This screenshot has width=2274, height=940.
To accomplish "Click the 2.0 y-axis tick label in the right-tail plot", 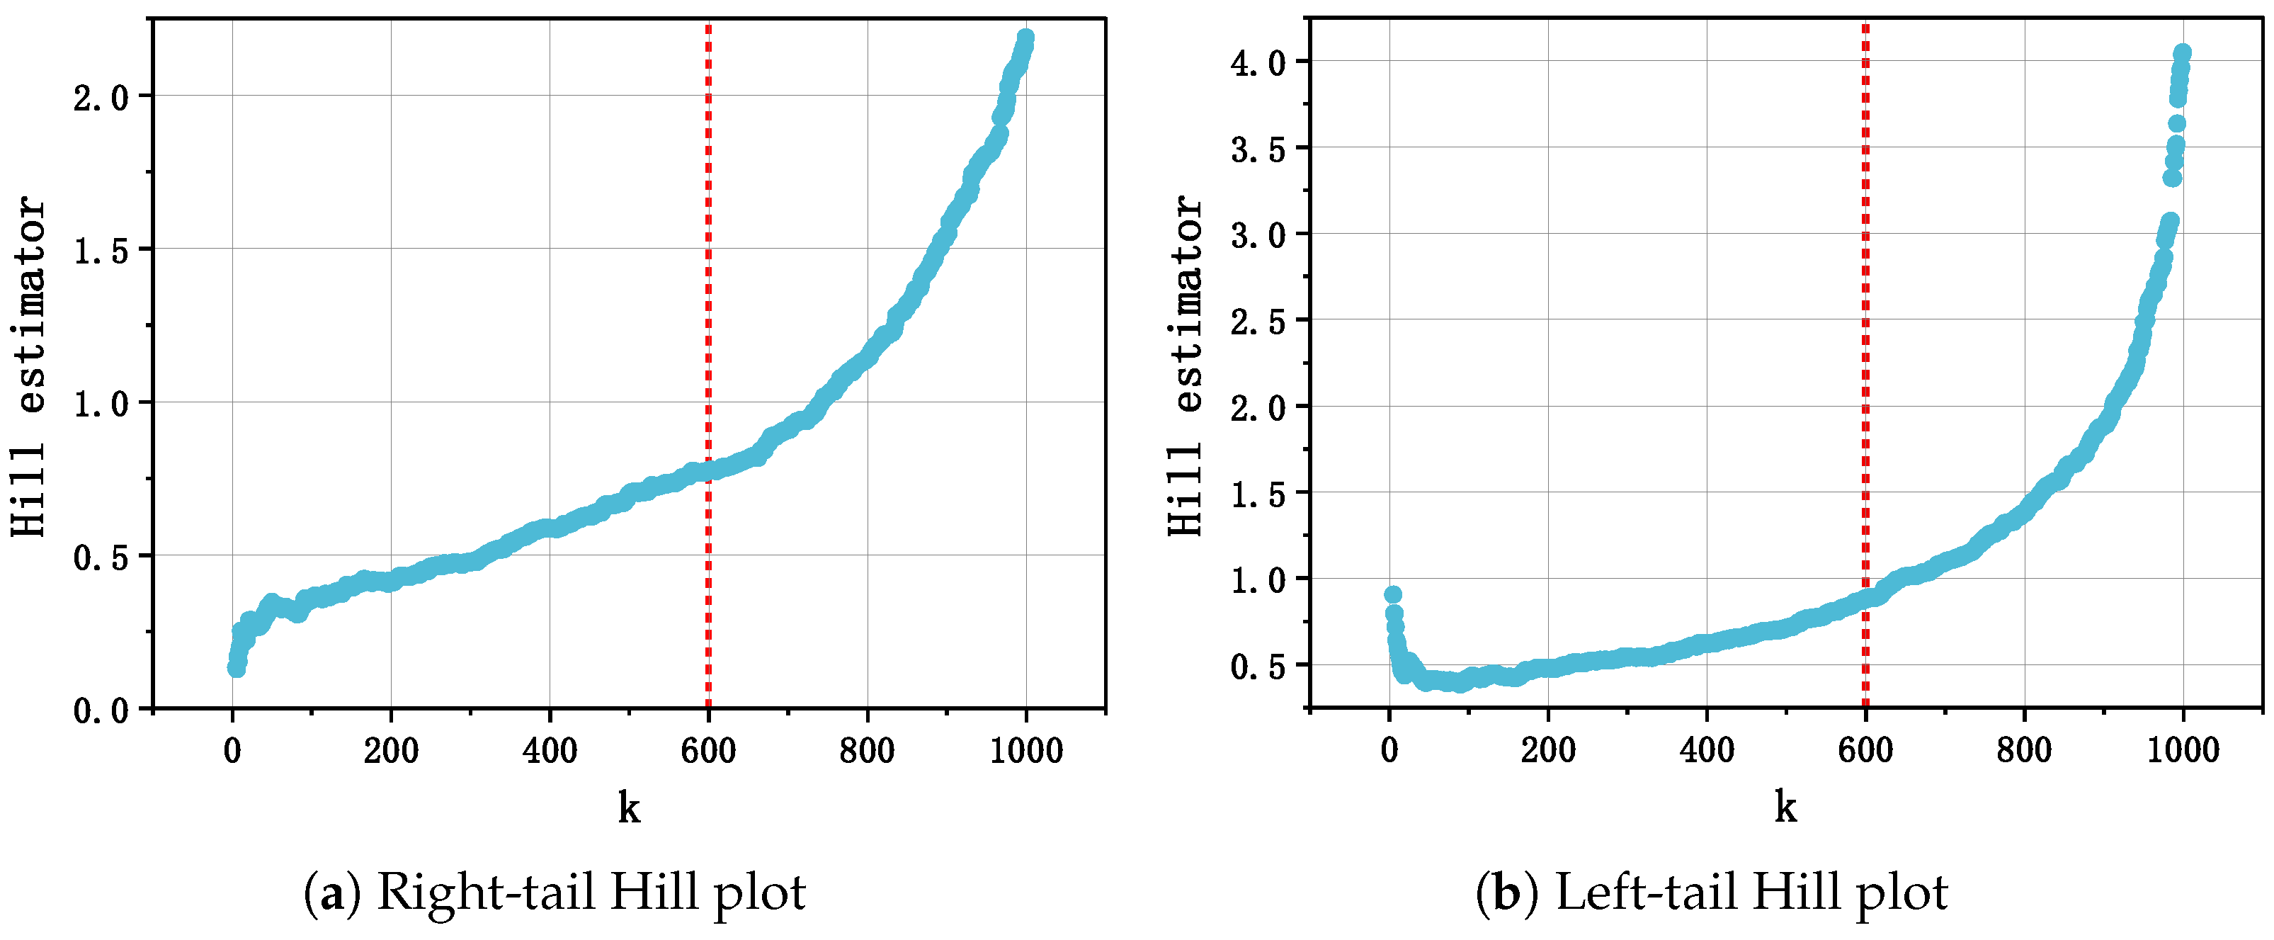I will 101,98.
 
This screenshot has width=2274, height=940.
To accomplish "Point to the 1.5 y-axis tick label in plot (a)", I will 101,251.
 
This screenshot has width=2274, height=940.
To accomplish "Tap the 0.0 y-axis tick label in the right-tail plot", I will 101,710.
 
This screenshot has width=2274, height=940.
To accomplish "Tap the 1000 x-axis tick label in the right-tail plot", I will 1025,751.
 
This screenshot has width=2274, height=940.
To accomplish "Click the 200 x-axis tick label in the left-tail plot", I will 1547,751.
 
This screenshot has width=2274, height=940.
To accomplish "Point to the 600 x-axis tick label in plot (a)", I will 708,751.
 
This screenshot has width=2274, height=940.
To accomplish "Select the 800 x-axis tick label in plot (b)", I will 2023,751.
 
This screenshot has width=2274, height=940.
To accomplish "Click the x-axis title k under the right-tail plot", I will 629,807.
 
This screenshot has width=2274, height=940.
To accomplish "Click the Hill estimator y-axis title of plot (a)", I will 28,366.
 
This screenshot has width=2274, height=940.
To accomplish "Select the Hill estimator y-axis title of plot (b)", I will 1185,366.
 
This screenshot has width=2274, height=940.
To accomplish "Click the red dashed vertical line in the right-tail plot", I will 708,265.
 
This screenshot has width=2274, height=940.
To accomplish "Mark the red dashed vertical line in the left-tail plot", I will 1865,265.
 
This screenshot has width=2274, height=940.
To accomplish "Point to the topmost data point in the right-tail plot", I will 1025,38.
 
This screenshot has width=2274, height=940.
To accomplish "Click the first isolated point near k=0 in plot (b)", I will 1393,594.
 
